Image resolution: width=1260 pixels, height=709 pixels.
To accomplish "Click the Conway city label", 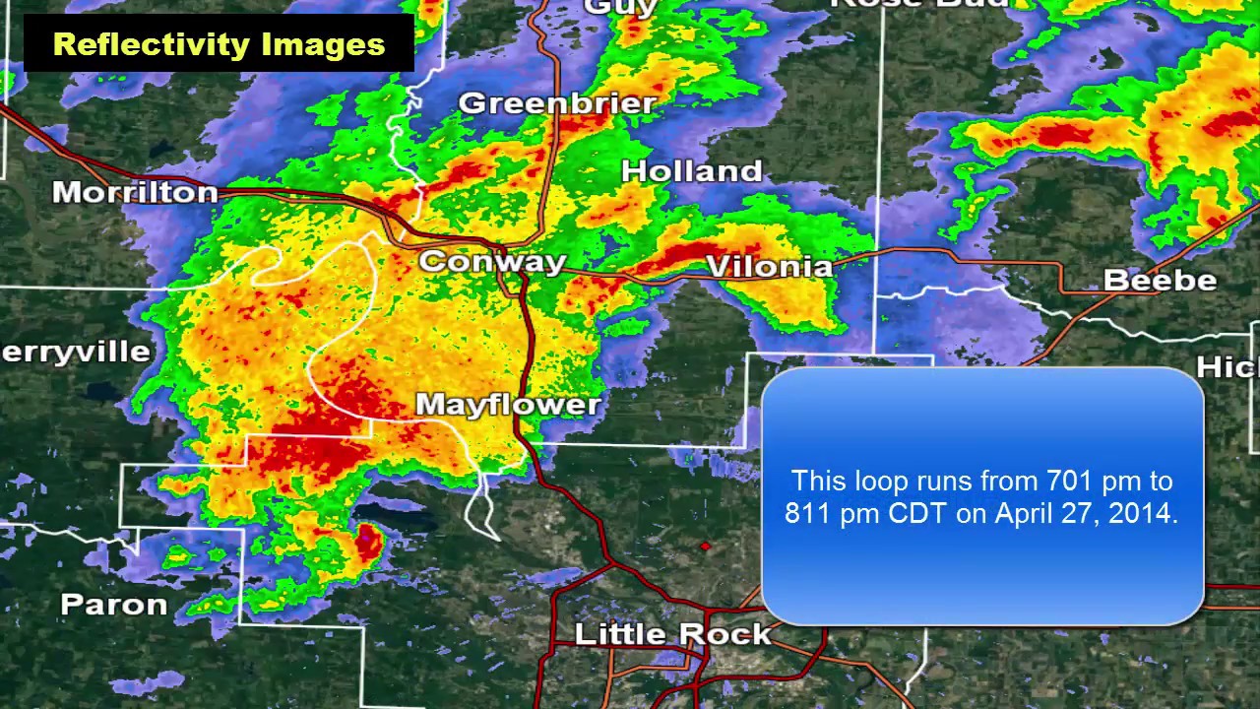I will [x=492, y=262].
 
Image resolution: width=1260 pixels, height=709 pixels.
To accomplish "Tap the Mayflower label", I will [x=508, y=405].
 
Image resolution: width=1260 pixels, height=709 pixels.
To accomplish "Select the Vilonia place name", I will [x=769, y=267].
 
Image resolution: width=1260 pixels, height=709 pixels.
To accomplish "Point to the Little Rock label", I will [x=672, y=633].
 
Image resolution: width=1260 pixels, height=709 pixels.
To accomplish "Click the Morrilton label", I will [x=135, y=192].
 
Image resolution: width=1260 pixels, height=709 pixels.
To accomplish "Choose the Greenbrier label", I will [x=557, y=102].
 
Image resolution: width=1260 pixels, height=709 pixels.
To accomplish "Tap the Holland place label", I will [x=692, y=170].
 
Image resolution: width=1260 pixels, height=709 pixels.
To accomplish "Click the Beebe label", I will [x=1160, y=280].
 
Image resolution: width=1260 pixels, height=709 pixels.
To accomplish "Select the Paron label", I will [x=113, y=604].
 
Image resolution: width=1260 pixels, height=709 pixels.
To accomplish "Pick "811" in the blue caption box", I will [x=809, y=514].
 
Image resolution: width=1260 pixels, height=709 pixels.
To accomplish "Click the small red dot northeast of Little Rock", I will [x=705, y=546].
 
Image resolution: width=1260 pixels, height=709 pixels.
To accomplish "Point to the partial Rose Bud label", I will [x=920, y=4].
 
